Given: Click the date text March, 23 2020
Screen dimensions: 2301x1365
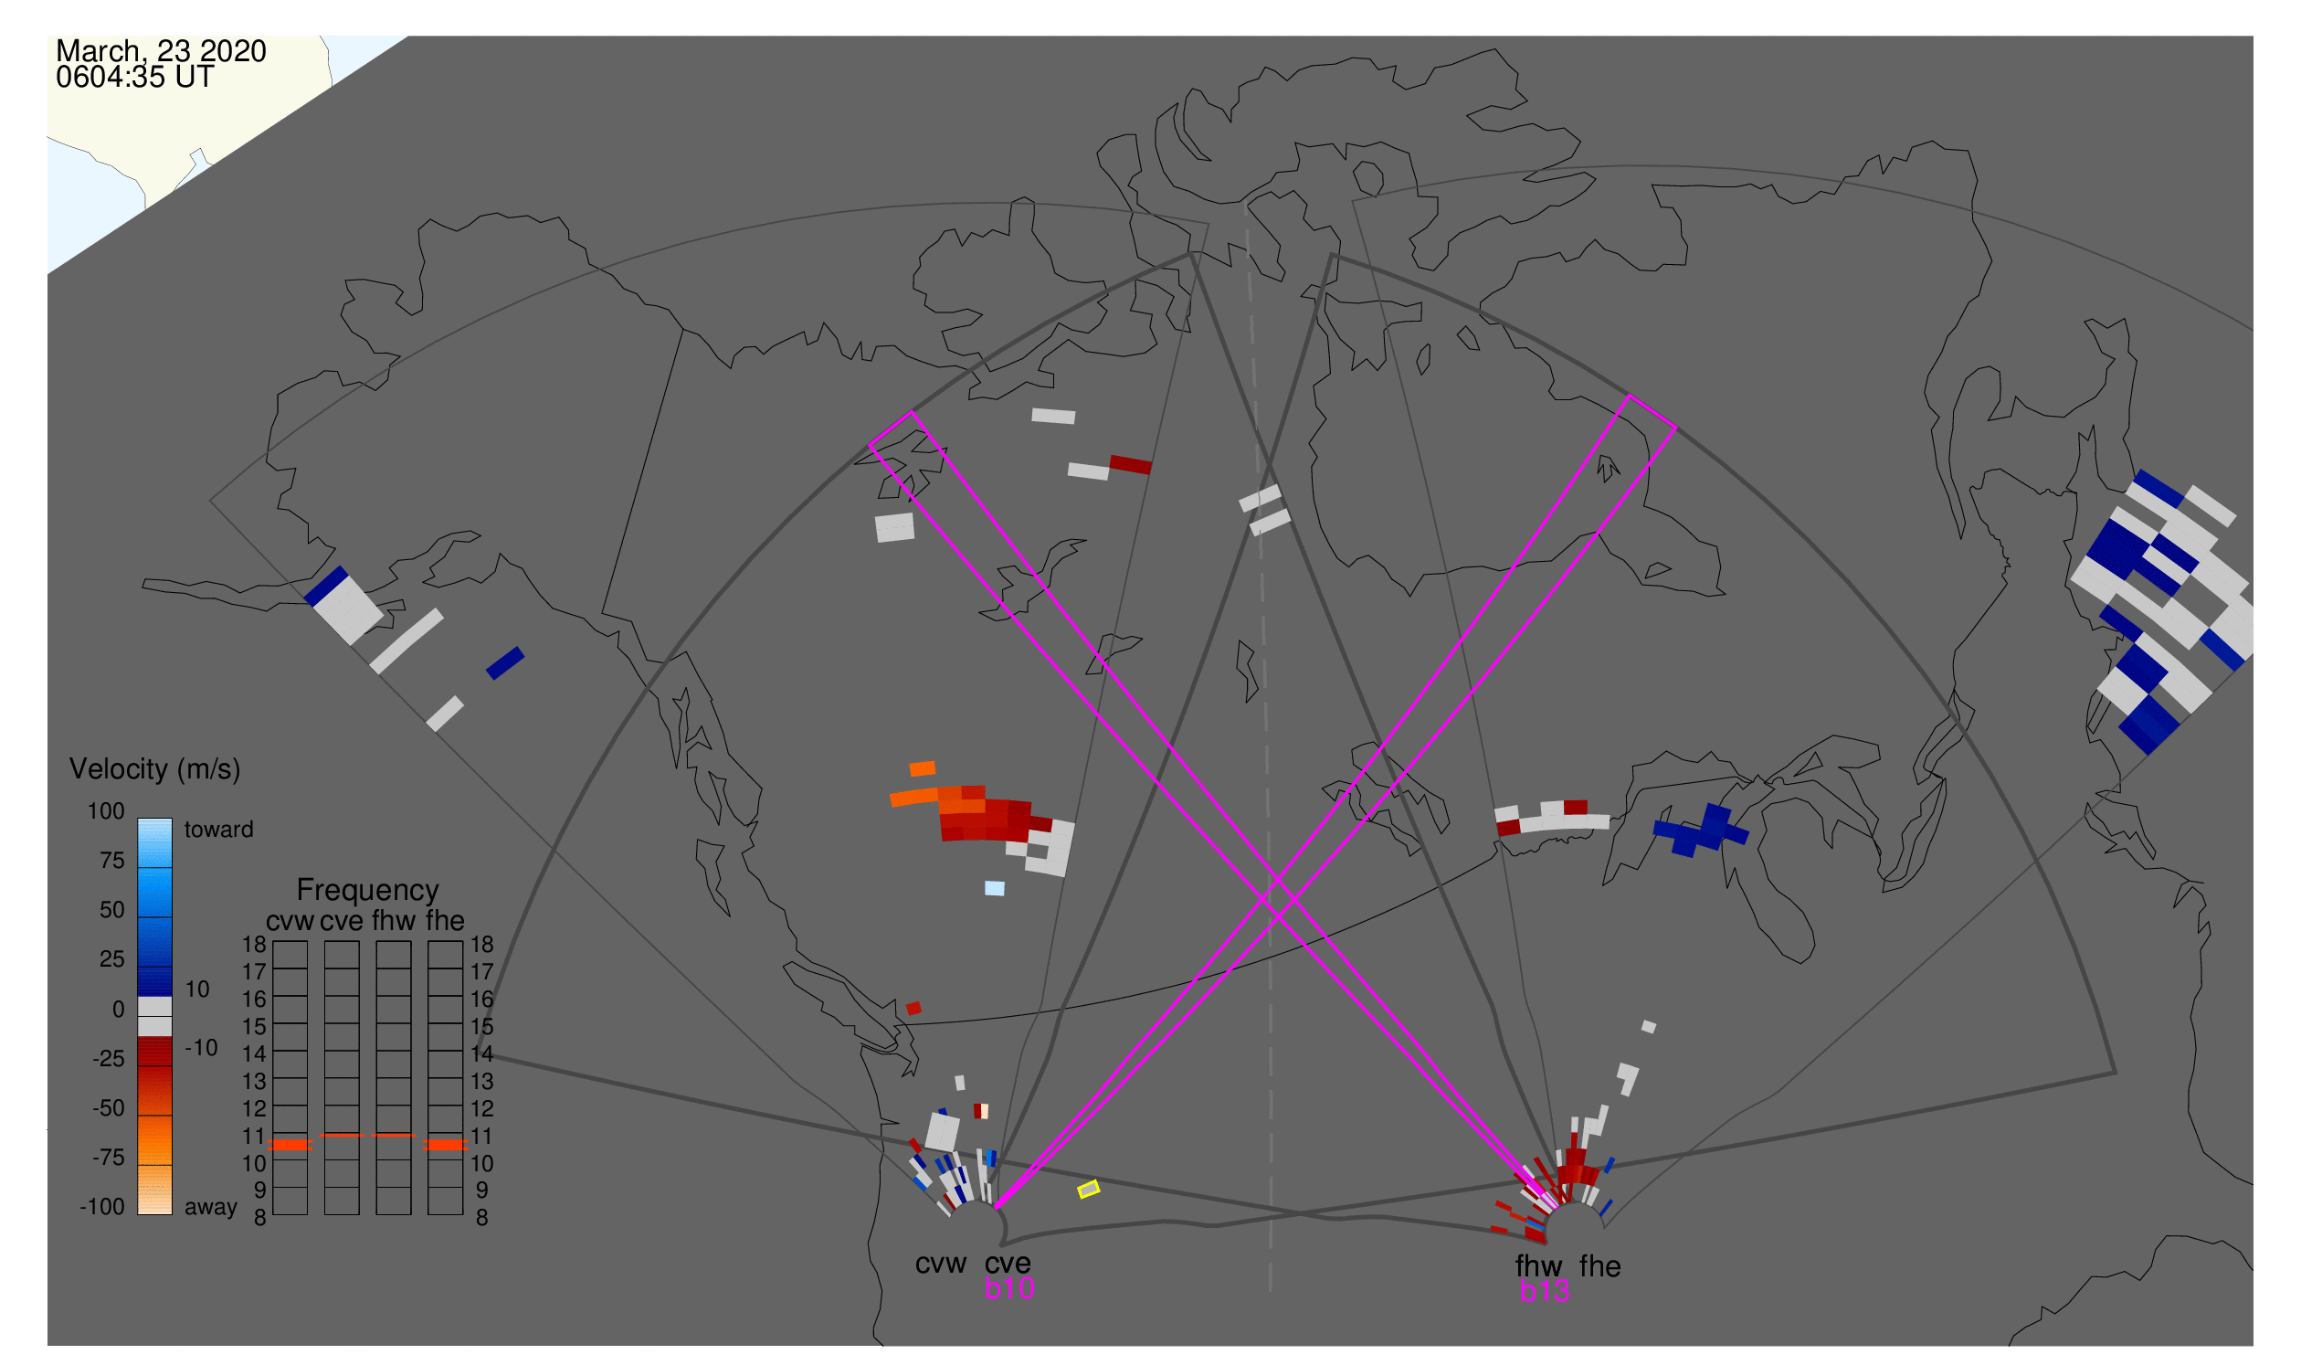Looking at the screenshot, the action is click(161, 51).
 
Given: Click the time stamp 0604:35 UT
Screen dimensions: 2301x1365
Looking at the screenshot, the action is click(135, 78).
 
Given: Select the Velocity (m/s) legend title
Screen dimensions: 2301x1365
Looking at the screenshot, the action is click(155, 770).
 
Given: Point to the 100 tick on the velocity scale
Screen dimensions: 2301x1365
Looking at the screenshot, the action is click(107, 811).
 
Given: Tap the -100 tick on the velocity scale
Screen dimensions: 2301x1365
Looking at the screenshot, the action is click(102, 1207).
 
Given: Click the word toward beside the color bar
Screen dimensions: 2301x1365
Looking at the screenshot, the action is click(219, 830).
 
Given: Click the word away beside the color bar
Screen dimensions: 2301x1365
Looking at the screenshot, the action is click(211, 1208).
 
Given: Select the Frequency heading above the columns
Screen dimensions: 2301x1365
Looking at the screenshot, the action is click(368, 891).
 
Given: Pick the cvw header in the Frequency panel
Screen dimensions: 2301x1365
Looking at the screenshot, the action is click(290, 922).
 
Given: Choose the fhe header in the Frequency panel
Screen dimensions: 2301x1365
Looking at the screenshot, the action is click(445, 922).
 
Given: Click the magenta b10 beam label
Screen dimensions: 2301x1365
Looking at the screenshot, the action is click(1009, 1288).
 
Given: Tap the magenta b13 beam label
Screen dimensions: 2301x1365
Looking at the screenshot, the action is click(1545, 1291).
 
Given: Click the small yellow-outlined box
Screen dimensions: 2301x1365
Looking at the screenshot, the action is click(1089, 1190).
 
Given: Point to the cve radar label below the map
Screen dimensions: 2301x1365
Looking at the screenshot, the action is click(1008, 1264).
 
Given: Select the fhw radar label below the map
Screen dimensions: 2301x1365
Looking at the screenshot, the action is click(1539, 1266).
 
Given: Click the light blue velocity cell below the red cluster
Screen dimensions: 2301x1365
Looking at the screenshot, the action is click(995, 889).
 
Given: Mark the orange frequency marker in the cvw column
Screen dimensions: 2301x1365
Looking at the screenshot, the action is click(290, 1145).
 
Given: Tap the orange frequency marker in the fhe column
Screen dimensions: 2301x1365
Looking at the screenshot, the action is click(446, 1145).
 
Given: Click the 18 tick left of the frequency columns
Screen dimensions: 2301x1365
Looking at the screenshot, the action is click(255, 945).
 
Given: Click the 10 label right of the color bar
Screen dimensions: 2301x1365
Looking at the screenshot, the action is click(197, 989).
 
